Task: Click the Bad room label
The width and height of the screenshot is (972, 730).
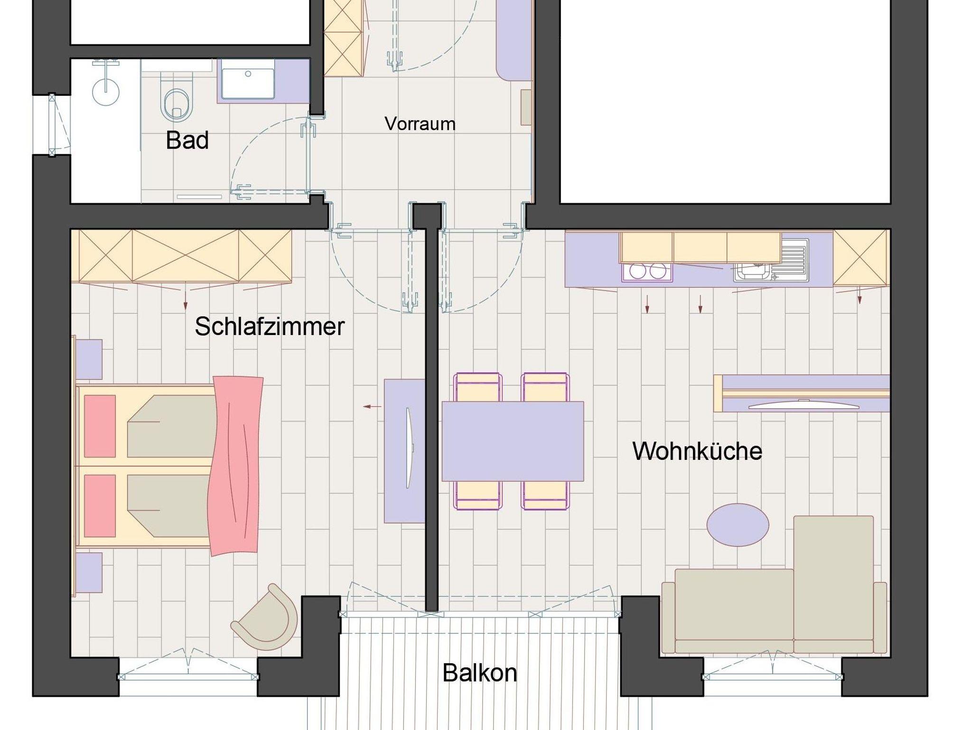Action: tap(187, 140)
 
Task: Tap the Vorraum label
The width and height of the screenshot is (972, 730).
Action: tap(420, 124)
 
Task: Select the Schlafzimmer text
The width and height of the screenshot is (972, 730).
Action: tap(270, 327)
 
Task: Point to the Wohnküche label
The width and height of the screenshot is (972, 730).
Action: tap(697, 451)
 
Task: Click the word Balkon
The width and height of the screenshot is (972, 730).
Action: tap(479, 673)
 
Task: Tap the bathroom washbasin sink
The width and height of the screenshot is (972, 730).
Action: tap(248, 84)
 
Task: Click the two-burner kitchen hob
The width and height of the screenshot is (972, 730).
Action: tap(647, 271)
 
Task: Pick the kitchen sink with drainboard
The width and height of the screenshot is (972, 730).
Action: tap(771, 261)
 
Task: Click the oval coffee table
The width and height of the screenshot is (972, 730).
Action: tap(738, 525)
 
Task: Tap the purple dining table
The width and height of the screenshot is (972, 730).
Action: tap(513, 441)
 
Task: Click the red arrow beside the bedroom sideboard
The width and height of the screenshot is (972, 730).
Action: tap(372, 406)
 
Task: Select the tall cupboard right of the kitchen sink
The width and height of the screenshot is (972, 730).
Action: tap(861, 258)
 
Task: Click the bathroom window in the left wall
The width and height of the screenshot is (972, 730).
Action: tap(52, 125)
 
